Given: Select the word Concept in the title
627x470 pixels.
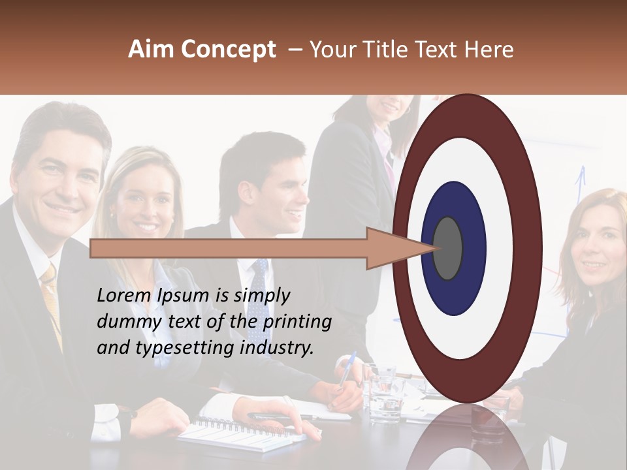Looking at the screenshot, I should pyautogui.click(x=228, y=50).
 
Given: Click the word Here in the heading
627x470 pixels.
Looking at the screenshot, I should pyautogui.click(x=488, y=50).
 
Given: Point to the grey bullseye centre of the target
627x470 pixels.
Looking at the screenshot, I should pyautogui.click(x=448, y=248).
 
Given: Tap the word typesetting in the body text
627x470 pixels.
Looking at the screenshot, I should pyautogui.click(x=182, y=349).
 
